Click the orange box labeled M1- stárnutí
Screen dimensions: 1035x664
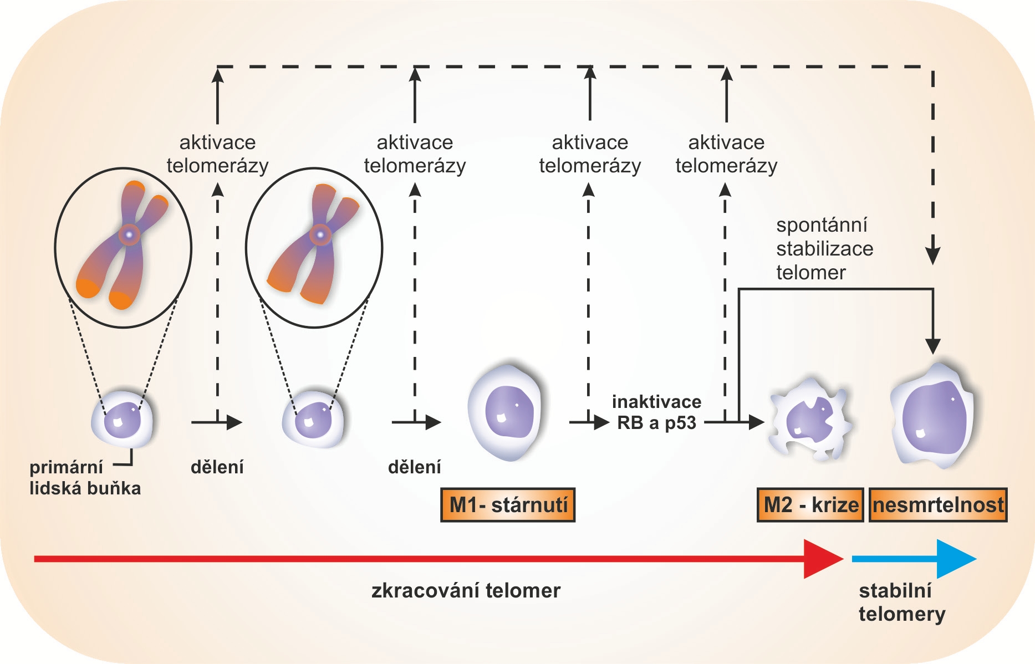tap(508, 505)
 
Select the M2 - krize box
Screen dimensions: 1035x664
tap(810, 505)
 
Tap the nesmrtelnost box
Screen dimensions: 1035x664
tap(938, 505)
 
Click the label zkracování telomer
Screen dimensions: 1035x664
tap(466, 591)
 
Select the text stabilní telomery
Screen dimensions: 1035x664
tap(902, 602)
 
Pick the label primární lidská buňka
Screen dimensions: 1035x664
tap(85, 478)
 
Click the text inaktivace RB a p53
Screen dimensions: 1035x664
tap(656, 412)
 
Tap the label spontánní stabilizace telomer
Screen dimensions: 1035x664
tap(824, 249)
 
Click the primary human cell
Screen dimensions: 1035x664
tap(123, 418)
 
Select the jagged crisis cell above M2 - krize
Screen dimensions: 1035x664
tap(809, 420)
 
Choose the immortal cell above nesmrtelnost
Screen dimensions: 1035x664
tap(932, 415)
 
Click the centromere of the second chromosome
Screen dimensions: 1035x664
tap(320, 235)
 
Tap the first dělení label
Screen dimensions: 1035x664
tap(217, 467)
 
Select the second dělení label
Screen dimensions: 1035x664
tap(415, 467)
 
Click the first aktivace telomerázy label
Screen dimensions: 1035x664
tap(217, 154)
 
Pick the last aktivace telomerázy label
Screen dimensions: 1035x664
tap(726, 154)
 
